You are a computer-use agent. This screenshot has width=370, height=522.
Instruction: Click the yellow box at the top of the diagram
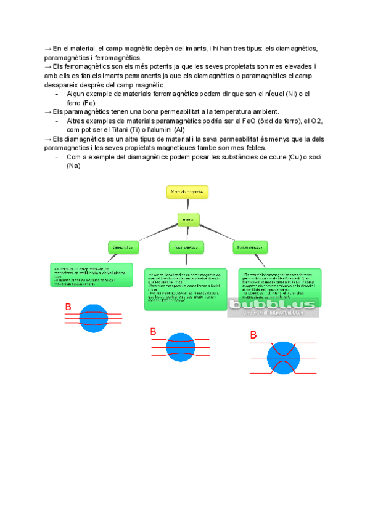point(187,192)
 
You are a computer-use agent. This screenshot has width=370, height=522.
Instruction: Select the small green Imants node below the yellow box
point(188,219)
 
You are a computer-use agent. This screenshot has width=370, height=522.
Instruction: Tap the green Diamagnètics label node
point(123,247)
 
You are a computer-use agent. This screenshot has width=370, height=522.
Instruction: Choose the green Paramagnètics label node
point(186,247)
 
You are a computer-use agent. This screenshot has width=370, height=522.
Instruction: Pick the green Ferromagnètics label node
point(250,247)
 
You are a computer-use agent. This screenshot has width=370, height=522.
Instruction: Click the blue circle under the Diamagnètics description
point(94,318)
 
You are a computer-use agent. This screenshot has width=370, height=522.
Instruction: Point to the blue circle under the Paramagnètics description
point(181,348)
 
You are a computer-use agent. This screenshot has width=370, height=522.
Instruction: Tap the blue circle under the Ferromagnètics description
point(283,357)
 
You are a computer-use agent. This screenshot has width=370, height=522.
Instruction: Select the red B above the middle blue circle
point(154,332)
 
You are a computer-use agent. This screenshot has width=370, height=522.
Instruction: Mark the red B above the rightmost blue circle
point(253,335)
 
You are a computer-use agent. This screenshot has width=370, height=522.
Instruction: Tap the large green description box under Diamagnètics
point(92,275)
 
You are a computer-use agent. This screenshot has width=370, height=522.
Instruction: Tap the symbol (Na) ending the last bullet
point(73,166)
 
